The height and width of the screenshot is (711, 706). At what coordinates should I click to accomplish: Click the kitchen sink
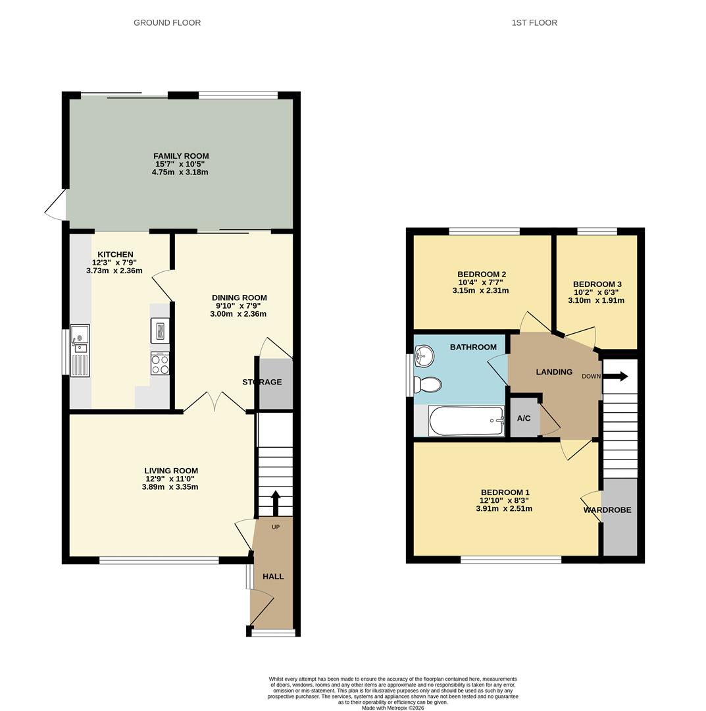click(80, 350)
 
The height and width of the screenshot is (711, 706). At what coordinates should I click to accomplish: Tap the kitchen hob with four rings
click(160, 364)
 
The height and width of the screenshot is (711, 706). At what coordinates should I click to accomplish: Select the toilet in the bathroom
click(428, 385)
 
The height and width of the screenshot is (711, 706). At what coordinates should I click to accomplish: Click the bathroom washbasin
click(424, 356)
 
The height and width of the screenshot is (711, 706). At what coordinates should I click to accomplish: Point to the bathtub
click(466, 421)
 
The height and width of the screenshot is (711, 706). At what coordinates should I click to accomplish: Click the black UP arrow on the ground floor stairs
click(276, 502)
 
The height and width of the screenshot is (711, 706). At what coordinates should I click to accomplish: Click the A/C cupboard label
click(524, 418)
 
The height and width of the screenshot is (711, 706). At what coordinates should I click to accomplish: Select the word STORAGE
click(262, 382)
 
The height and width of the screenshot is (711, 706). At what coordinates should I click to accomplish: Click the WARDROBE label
click(607, 510)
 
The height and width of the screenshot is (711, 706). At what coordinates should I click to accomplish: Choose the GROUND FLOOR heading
click(167, 22)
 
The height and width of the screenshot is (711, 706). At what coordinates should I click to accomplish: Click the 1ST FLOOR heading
click(534, 22)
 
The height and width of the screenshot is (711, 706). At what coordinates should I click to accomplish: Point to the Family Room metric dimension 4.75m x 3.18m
click(180, 172)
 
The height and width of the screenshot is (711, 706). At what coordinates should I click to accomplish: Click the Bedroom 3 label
click(597, 284)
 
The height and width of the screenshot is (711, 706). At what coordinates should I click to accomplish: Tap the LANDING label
click(554, 372)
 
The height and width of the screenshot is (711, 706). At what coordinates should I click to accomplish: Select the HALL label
click(273, 576)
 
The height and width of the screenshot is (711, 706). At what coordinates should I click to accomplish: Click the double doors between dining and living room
click(215, 402)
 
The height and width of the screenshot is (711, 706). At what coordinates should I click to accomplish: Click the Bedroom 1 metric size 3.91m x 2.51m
click(504, 509)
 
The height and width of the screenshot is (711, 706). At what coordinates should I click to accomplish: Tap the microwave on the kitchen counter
click(160, 330)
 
